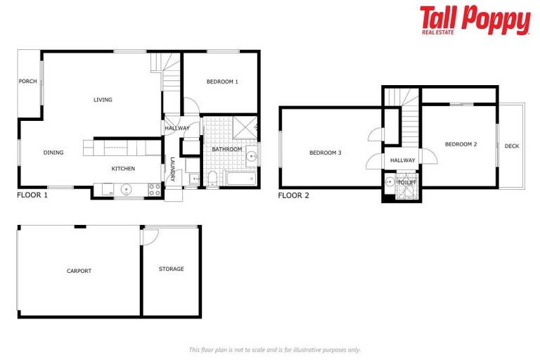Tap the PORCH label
(27, 82)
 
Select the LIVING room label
(103, 100)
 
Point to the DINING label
(53, 153)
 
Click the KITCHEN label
(123, 169)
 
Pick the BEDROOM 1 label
(221, 82)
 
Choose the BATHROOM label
(226, 149)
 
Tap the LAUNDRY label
(172, 169)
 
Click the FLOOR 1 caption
(32, 195)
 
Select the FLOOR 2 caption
(293, 195)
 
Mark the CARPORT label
(79, 271)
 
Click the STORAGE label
(171, 269)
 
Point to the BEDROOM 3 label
(325, 153)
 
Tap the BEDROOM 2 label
(461, 144)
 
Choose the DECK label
(511, 146)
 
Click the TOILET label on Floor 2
(406, 182)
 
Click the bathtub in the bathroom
(240, 177)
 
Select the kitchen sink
(127, 188)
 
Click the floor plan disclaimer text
(274, 349)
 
